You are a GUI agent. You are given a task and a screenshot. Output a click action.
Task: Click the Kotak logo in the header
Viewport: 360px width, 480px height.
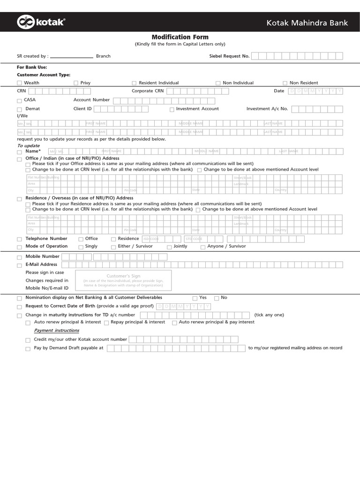coord(41,22)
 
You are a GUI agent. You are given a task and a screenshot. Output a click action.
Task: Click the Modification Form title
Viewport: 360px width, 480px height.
coord(180,37)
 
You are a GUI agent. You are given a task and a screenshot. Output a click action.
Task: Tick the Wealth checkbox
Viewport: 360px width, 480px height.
coord(19,83)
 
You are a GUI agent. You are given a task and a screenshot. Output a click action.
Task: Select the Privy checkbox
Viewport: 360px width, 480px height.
coord(76,83)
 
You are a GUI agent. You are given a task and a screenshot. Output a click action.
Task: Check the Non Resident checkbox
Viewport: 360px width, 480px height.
coord(285,83)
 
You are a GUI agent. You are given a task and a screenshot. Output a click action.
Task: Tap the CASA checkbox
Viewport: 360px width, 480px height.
coord(19,101)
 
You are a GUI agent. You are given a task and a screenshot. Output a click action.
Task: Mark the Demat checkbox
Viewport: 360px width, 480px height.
coord(19,109)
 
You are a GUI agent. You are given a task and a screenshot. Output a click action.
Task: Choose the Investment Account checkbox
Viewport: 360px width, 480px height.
coord(172,109)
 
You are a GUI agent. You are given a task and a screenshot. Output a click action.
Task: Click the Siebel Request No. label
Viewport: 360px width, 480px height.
coord(229,56)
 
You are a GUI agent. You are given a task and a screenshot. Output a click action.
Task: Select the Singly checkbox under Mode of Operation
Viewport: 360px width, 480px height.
coord(81,247)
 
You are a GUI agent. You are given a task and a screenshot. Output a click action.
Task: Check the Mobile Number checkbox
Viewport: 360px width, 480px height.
coord(19,257)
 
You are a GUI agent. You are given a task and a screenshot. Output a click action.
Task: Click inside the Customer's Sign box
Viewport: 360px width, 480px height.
coord(123,280)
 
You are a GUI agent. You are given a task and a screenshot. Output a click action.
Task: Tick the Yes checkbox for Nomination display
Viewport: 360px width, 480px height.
coord(195,298)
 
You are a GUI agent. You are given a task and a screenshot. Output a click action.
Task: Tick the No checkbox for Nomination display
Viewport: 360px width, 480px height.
coord(217,298)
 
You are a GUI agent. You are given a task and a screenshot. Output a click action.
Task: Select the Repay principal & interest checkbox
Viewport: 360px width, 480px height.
coord(106,322)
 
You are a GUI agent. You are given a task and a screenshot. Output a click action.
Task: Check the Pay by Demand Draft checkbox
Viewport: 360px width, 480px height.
coord(28,349)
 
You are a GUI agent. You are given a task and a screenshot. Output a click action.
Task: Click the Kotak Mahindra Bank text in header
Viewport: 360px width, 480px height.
coord(307,22)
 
